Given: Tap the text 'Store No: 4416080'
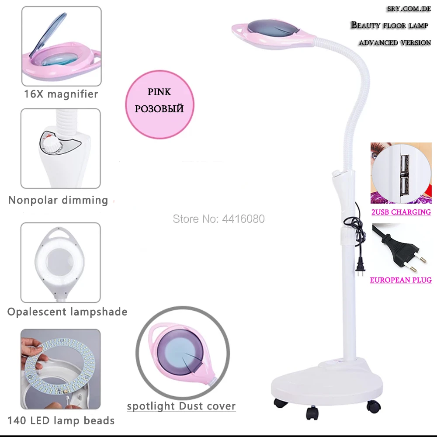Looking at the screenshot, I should click(218, 218).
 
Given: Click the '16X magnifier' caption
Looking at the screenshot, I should click(61, 94).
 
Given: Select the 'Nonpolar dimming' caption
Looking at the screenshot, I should click(58, 201).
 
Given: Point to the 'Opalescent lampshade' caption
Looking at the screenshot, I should click(67, 312).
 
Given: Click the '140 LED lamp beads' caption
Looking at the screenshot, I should click(61, 421).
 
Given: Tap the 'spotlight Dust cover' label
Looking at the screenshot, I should click(181, 406).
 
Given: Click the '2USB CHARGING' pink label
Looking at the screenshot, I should click(401, 212).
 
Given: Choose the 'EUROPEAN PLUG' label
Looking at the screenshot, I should click(401, 280).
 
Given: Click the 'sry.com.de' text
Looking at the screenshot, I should click(409, 9).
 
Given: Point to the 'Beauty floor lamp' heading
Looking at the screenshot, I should click(389, 25).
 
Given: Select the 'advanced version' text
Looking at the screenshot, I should click(395, 43).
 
